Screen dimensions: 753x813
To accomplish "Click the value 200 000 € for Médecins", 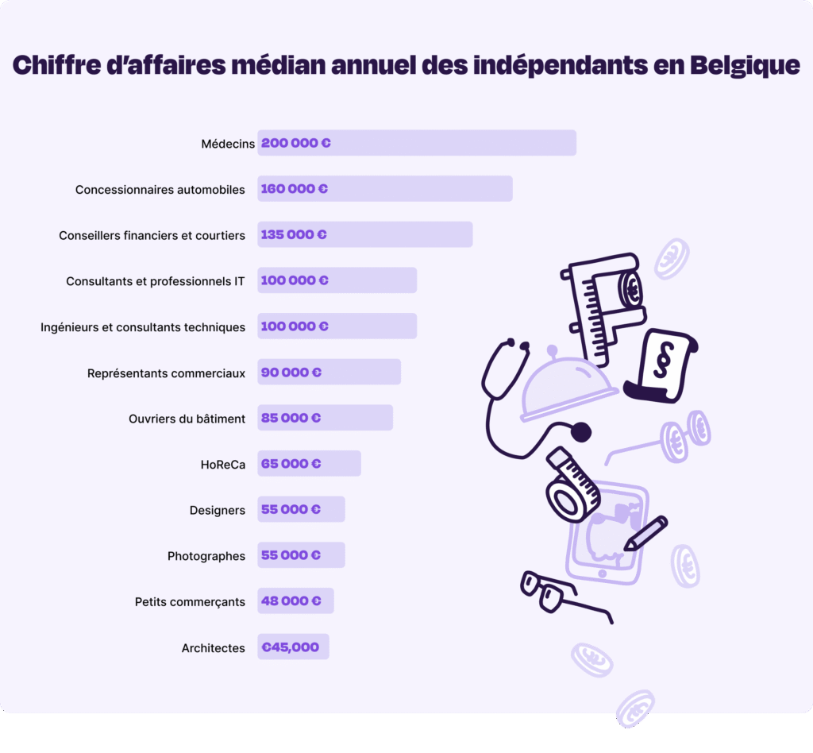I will (295, 144).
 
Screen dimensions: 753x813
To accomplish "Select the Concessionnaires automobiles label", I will (160, 190).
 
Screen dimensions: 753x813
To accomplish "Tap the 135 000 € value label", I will (294, 235).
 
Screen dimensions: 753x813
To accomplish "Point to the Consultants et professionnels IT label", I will (156, 281).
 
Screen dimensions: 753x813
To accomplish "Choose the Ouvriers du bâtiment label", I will (187, 419).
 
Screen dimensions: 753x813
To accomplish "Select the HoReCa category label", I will (223, 465).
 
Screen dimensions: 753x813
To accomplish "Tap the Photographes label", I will (206, 556).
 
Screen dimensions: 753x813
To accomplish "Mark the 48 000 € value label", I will (291, 601).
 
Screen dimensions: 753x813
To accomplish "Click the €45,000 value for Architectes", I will (290, 647).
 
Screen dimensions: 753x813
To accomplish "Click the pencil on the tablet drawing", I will (645, 533).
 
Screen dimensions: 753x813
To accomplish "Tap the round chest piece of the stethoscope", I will (581, 432).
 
